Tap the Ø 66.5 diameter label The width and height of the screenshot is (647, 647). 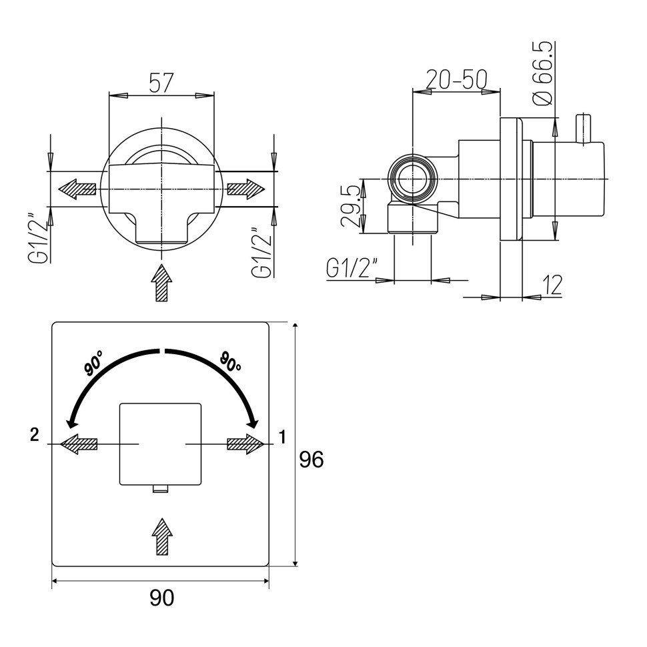(542, 73)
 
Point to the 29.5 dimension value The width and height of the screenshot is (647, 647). (351, 205)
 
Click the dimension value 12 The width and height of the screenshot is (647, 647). (552, 285)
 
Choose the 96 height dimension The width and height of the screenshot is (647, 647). (311, 460)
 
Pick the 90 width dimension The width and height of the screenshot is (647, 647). (161, 598)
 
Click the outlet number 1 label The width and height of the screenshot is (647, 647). (282, 437)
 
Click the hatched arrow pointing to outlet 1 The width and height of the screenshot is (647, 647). (245, 444)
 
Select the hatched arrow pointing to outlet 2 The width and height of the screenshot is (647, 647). (79, 444)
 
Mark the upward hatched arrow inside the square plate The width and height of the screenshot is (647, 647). (162, 536)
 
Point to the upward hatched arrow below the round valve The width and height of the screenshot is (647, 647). (161, 283)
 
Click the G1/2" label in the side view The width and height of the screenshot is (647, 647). (352, 268)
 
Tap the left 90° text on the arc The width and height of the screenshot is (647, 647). (93, 363)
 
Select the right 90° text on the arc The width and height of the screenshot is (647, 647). (230, 361)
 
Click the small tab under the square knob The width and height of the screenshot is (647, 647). (161, 488)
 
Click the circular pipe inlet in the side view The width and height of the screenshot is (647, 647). (413, 179)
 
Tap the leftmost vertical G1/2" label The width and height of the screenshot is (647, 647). (39, 238)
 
